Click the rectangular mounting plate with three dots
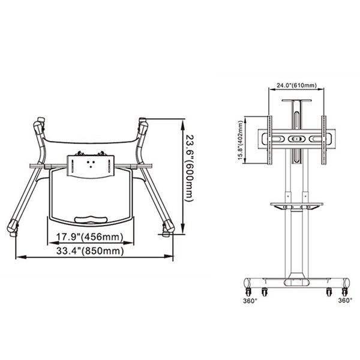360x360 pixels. click(x=90, y=165)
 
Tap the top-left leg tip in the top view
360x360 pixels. click(x=40, y=125)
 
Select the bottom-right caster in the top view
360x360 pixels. click(x=169, y=227)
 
